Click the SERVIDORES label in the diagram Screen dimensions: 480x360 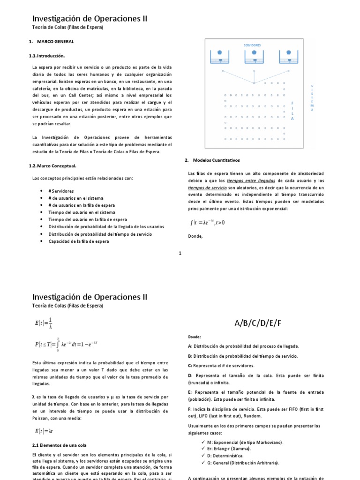coord(252,45)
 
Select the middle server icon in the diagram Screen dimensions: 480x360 coord(254,57)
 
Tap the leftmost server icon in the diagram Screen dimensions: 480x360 coord(219,57)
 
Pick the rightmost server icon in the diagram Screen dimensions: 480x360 coord(288,57)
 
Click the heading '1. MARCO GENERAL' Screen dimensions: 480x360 coord(51,42)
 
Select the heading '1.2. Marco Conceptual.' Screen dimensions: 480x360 coord(53,166)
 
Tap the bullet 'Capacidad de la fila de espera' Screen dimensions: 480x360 coord(79,241)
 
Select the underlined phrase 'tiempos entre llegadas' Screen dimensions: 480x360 coord(251,180)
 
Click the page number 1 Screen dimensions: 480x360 coord(180,254)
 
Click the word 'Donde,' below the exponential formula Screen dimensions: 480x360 coord(195,236)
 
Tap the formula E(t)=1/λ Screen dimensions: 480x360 coord(44,324)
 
